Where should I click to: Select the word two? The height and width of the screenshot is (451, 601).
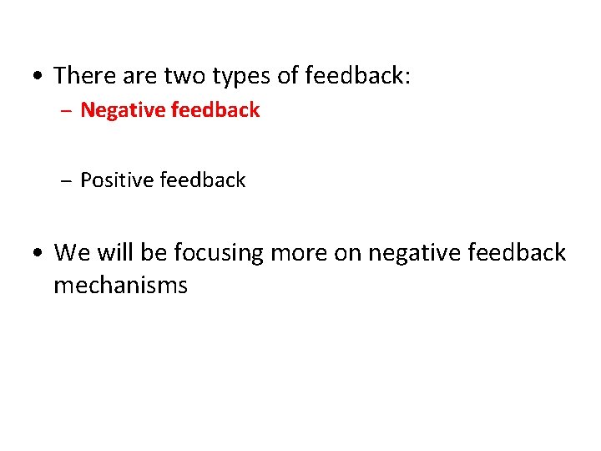pyautogui.click(x=188, y=76)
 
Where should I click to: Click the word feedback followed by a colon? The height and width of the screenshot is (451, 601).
pyautogui.click(x=357, y=76)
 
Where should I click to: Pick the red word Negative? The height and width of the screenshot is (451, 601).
pyautogui.click(x=122, y=110)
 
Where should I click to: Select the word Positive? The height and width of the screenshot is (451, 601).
pyautogui.click(x=117, y=180)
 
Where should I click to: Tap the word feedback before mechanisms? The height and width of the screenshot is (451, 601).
pyautogui.click(x=515, y=252)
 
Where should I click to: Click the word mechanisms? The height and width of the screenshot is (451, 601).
pyautogui.click(x=120, y=286)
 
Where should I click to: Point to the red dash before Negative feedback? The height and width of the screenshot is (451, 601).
pyautogui.click(x=67, y=111)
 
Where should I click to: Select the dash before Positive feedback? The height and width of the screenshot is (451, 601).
pyautogui.click(x=67, y=181)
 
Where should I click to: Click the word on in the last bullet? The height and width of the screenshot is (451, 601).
pyautogui.click(x=346, y=252)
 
